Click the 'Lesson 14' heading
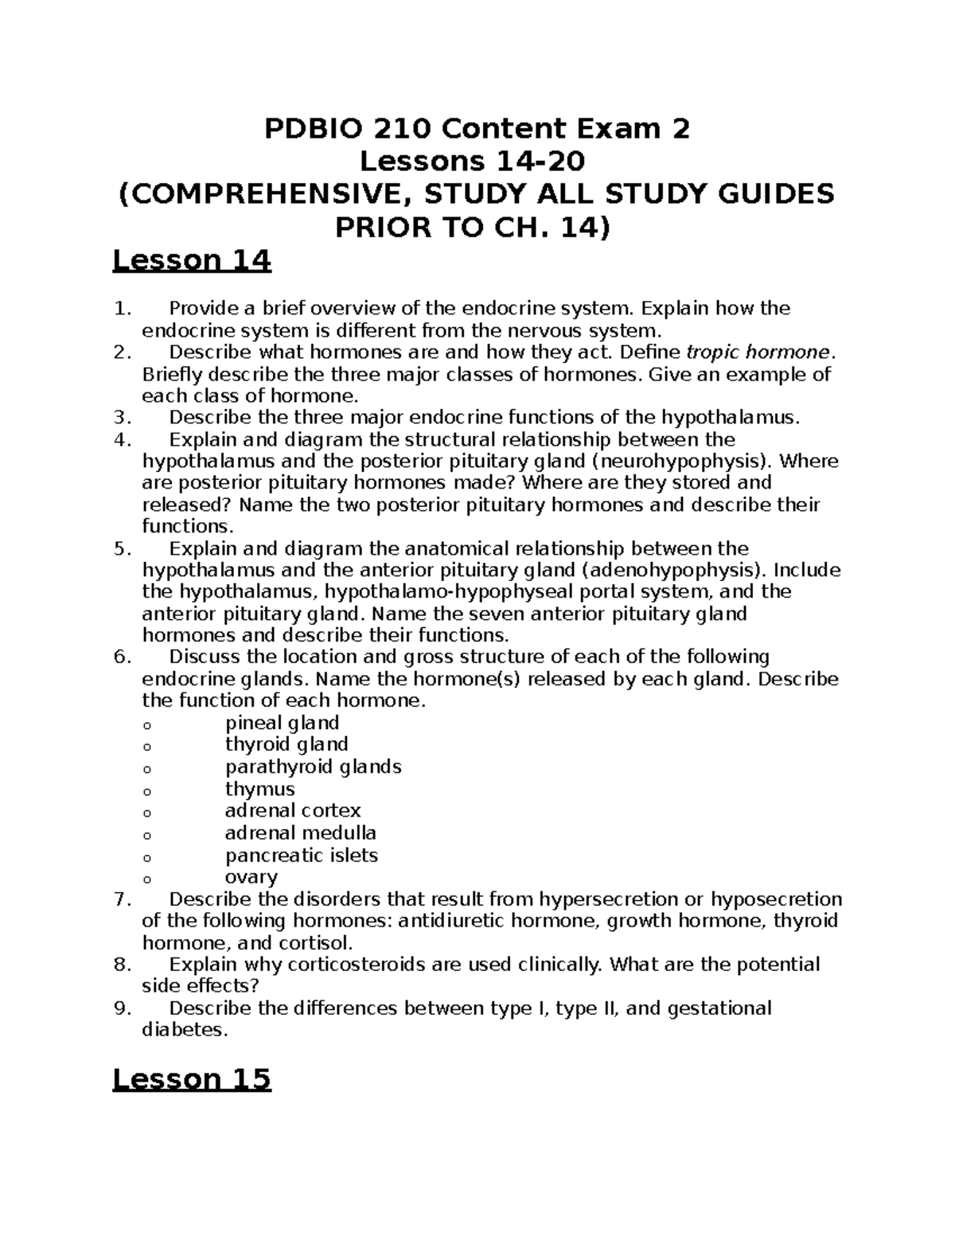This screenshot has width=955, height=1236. click(192, 261)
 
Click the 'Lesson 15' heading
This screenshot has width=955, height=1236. click(192, 1079)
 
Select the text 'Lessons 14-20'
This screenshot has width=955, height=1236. click(473, 162)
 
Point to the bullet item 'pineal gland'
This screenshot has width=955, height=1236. click(282, 723)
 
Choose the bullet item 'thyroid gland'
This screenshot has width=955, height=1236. click(286, 744)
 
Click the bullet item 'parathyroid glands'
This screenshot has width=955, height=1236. click(313, 766)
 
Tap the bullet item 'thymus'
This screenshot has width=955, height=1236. click(259, 789)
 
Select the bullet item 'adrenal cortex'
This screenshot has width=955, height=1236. click(293, 811)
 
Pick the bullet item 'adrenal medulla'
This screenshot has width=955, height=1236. click(300, 833)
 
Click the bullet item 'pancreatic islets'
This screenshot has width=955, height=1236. click(301, 856)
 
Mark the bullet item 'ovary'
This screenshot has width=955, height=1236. click(251, 877)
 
